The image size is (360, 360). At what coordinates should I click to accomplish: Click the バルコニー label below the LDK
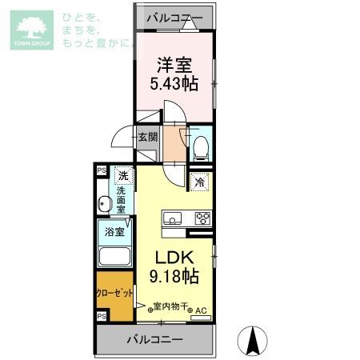coord(154,340)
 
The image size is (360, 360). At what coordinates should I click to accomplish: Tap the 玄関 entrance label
coord(148,137)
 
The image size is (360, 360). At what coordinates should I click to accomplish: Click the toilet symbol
coord(201,145)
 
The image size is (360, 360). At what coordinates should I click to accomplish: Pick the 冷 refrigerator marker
coord(199,182)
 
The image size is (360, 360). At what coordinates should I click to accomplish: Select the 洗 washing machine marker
coord(122,175)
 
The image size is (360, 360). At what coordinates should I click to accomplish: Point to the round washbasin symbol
coord(103,206)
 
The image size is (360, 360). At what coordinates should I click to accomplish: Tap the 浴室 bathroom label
coord(114,233)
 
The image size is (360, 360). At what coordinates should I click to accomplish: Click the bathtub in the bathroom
coord(114,257)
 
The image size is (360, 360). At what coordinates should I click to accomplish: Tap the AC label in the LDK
coord(201,310)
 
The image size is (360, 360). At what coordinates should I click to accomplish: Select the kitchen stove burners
coord(202,218)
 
